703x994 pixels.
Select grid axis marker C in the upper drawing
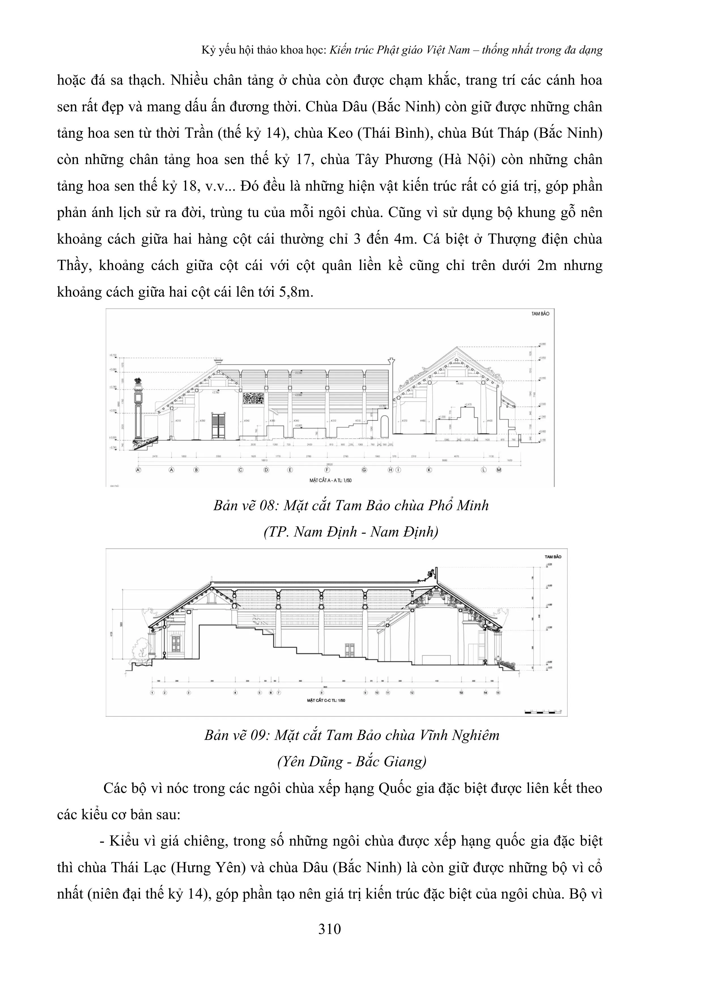[x=240, y=470]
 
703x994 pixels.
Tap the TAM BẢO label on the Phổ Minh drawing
[x=540, y=313]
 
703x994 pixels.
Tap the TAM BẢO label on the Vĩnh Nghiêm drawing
[x=553, y=556]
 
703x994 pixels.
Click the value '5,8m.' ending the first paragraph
[x=296, y=292]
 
